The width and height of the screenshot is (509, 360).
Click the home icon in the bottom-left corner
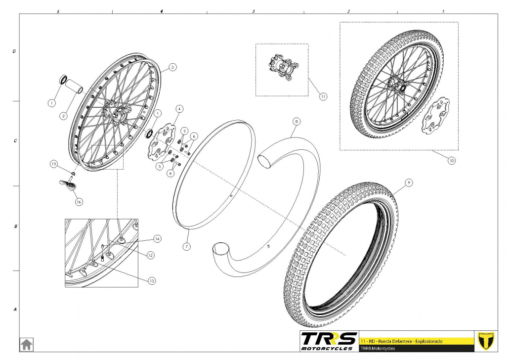coord(27,344)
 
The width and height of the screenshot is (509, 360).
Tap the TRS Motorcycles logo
coord(329,341)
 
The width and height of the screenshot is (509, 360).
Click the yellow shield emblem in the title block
coord(486,341)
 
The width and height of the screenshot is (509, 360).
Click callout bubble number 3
coord(172,67)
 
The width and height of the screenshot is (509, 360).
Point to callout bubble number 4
coord(179,109)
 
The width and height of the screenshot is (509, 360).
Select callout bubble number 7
coord(186,247)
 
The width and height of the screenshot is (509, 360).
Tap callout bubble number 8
coord(296,122)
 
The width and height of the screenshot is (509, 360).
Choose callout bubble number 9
coord(409,183)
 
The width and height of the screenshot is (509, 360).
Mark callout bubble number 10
coord(452,161)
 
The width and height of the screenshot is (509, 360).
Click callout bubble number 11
coord(323,96)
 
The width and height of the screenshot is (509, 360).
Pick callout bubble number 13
coord(152,281)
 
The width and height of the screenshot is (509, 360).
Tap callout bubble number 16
coord(79,202)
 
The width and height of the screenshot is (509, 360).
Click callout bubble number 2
coord(64,116)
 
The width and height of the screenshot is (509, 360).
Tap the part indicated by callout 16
coord(69,184)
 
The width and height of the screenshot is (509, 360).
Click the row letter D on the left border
coord(14,51)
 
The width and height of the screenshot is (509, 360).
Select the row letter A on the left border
coord(15,310)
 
